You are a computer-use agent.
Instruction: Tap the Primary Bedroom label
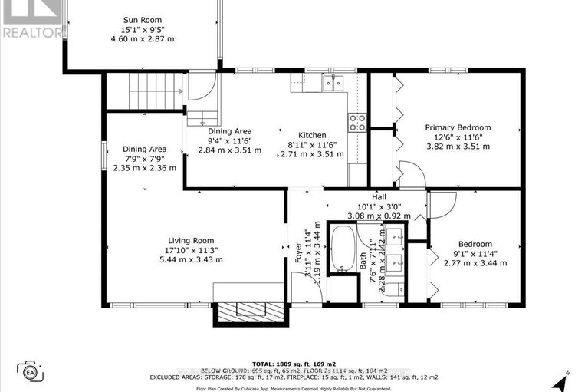point(458,127)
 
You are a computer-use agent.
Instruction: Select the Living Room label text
point(189,241)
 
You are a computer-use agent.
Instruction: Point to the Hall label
point(379,197)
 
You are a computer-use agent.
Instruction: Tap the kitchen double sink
point(333,83)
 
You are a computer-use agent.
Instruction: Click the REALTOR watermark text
point(31,32)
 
